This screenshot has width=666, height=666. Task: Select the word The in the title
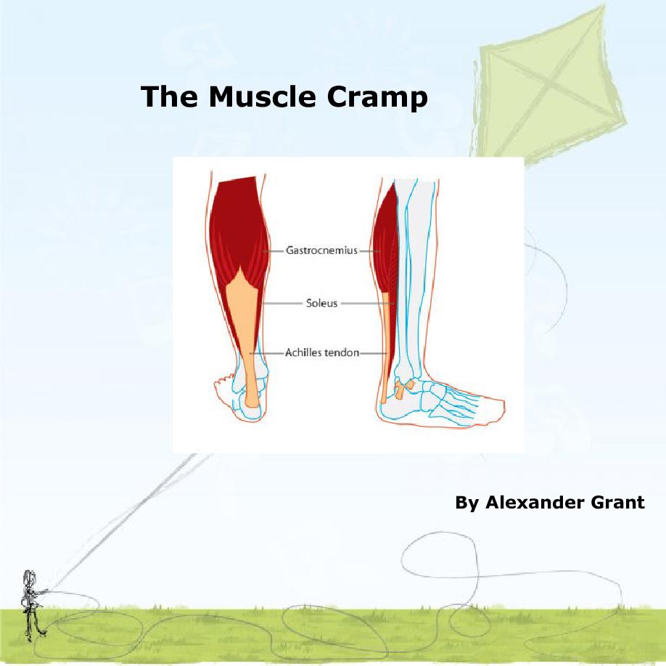pyautogui.click(x=170, y=96)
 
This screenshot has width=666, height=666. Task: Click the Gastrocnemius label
pyautogui.click(x=322, y=250)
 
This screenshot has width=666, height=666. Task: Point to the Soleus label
pyautogui.click(x=322, y=303)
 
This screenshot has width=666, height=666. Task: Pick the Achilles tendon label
pyautogui.click(x=322, y=353)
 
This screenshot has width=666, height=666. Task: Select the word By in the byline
pyautogui.click(x=466, y=503)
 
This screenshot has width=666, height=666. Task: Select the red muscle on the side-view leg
pyautogui.click(x=385, y=254)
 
